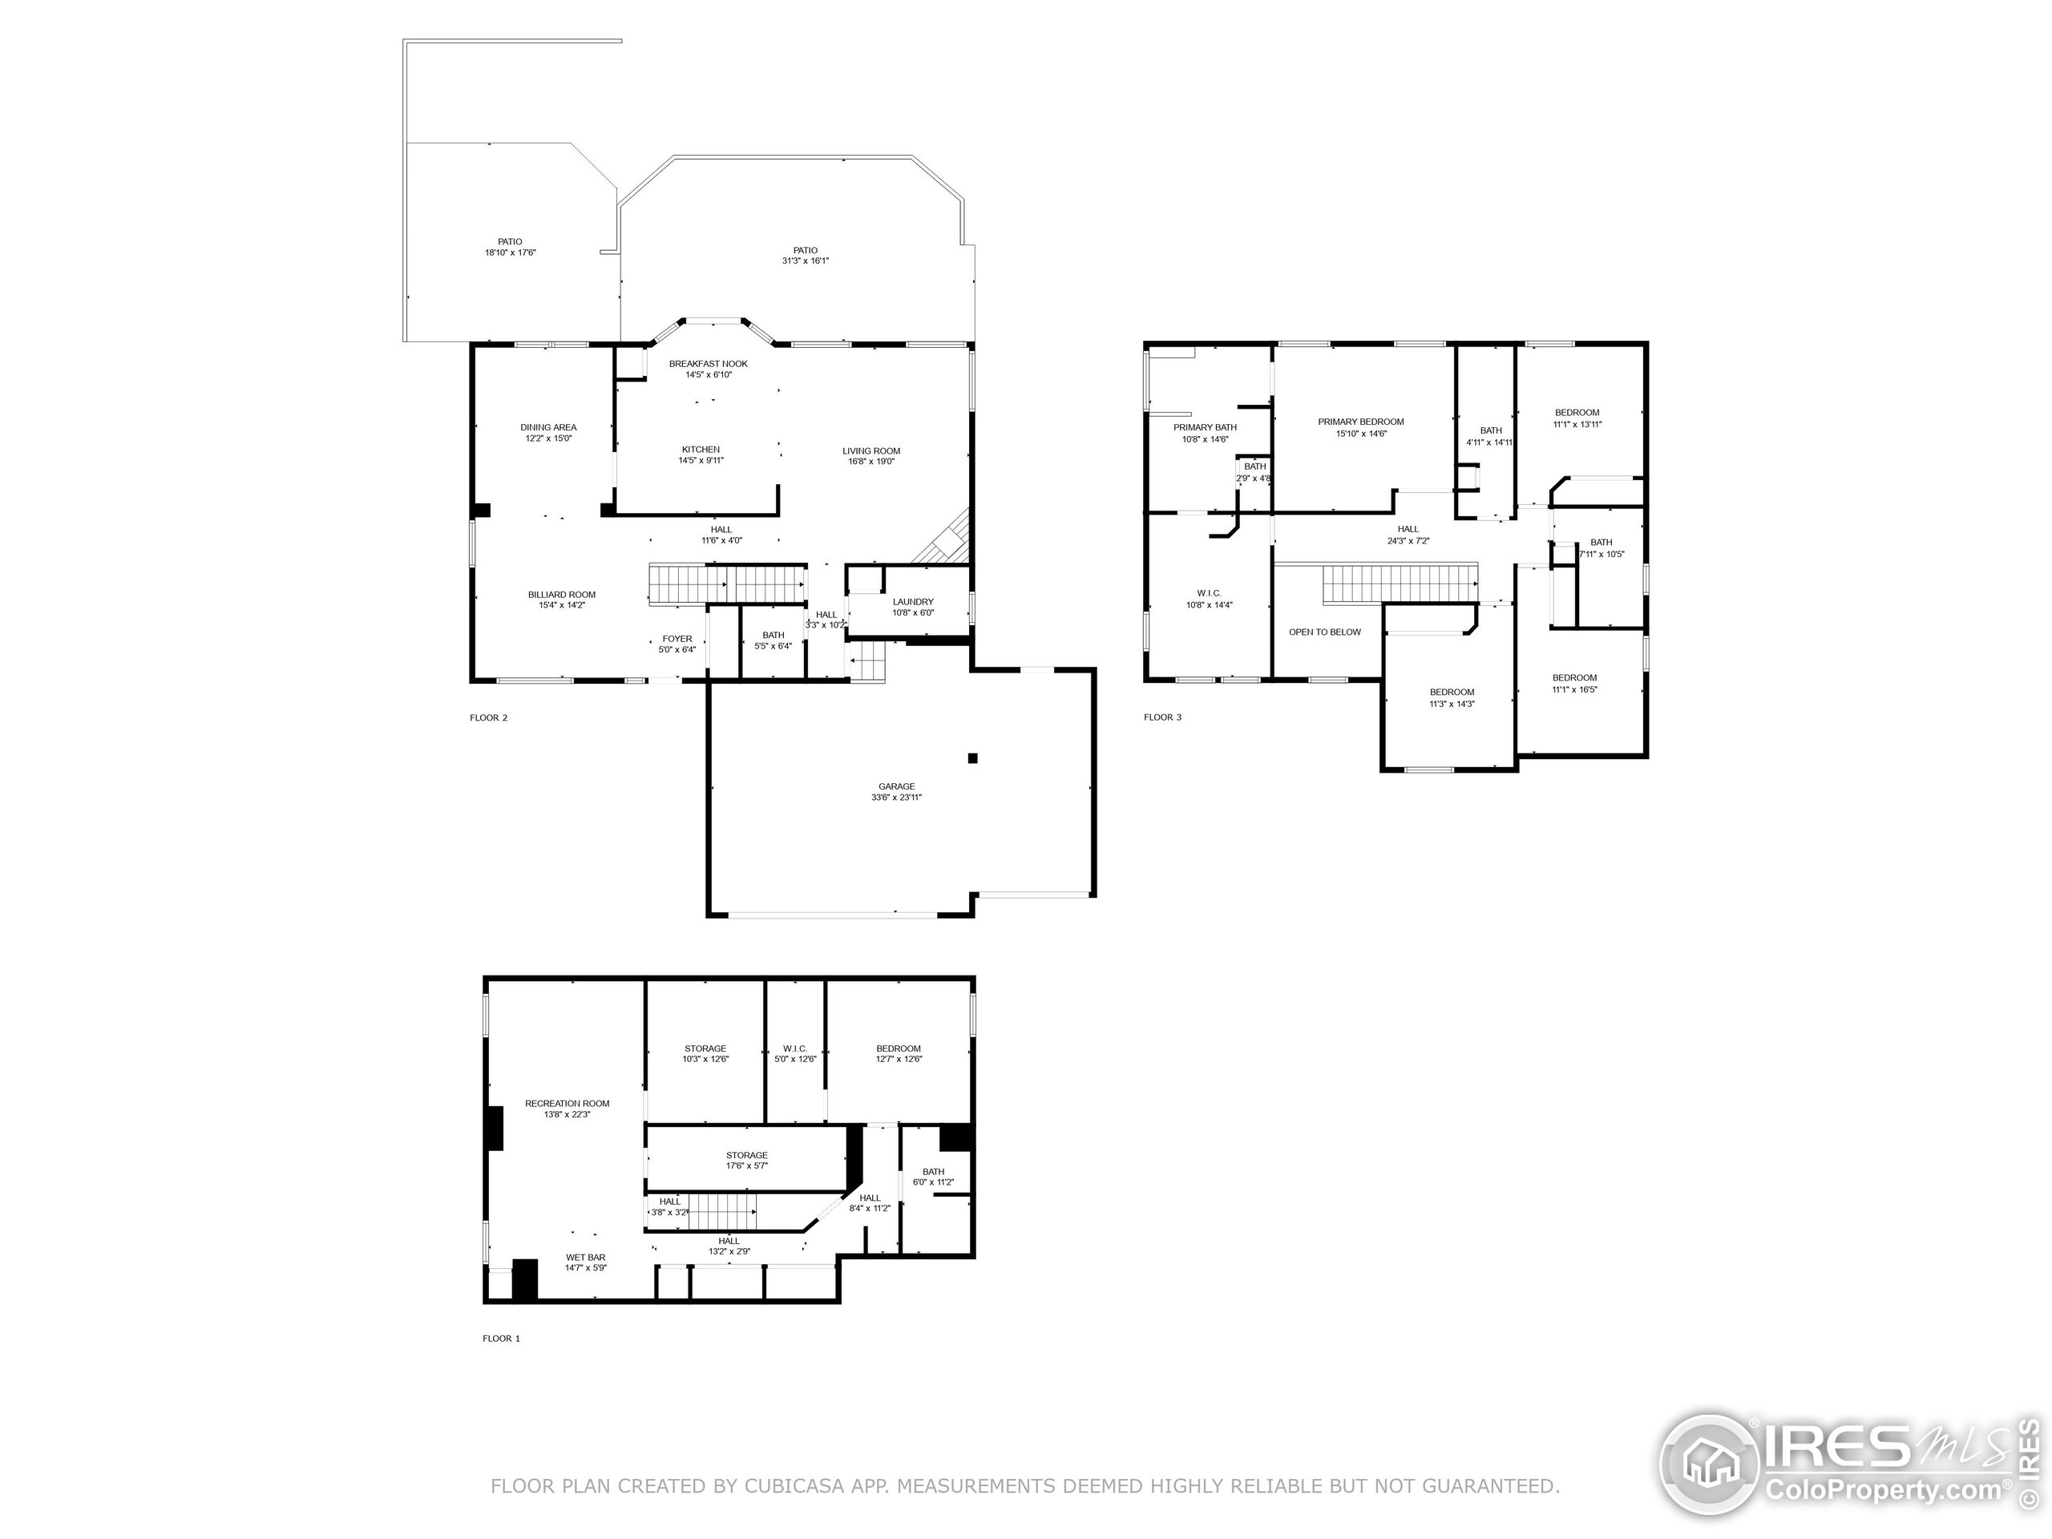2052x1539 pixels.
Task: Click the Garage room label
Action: click(896, 786)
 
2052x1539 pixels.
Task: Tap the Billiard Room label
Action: click(562, 595)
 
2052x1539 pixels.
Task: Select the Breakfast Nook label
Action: click(709, 364)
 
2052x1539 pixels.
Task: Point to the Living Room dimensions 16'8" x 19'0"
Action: click(871, 462)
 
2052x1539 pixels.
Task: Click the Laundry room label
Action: click(913, 602)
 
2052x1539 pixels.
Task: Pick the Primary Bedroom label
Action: click(1361, 422)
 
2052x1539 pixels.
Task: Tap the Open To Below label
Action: click(1325, 632)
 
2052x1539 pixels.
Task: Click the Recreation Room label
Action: click(568, 1104)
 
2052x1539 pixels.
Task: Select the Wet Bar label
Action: click(586, 1258)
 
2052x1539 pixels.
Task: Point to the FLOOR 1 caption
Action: click(502, 1339)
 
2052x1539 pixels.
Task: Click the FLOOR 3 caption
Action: click(1163, 717)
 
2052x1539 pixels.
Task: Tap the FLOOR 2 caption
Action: click(489, 718)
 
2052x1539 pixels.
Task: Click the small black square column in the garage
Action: click(973, 758)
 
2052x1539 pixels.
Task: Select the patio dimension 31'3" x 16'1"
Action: click(806, 261)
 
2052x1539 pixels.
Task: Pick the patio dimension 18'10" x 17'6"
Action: click(511, 252)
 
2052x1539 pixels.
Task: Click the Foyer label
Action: click(677, 639)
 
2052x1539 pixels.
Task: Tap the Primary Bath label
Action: click(1205, 428)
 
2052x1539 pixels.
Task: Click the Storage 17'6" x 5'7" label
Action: click(747, 1161)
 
